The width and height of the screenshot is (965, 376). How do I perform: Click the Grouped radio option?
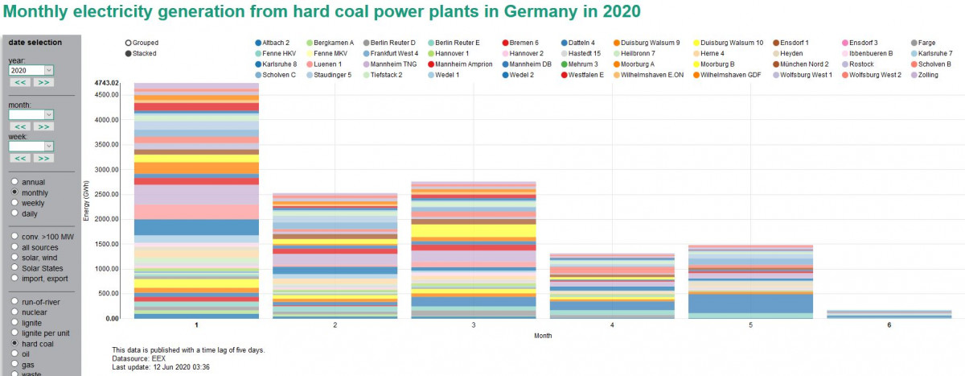(129, 42)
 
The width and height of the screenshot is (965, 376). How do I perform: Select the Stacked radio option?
(129, 53)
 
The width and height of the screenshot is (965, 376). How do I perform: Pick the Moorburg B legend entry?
(720, 64)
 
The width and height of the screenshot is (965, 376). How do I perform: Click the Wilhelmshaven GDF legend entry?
(730, 75)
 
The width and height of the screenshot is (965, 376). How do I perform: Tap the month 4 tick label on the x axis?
(612, 325)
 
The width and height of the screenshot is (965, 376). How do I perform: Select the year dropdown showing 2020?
(31, 70)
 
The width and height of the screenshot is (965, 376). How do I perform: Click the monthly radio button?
(14, 193)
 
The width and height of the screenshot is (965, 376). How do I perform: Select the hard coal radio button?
(14, 343)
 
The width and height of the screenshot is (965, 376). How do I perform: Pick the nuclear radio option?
(14, 312)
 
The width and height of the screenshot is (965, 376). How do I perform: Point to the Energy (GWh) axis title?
(86, 201)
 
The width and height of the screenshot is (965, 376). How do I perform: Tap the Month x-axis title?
(544, 336)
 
